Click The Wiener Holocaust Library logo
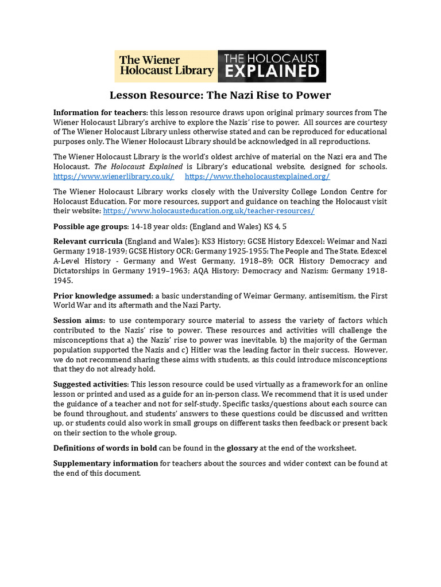166,66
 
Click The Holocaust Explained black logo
272,66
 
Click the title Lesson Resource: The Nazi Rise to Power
220,95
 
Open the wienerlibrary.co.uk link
114,177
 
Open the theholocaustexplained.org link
257,177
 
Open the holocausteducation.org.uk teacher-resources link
208,211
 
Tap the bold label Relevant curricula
88,242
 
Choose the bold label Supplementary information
106,463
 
